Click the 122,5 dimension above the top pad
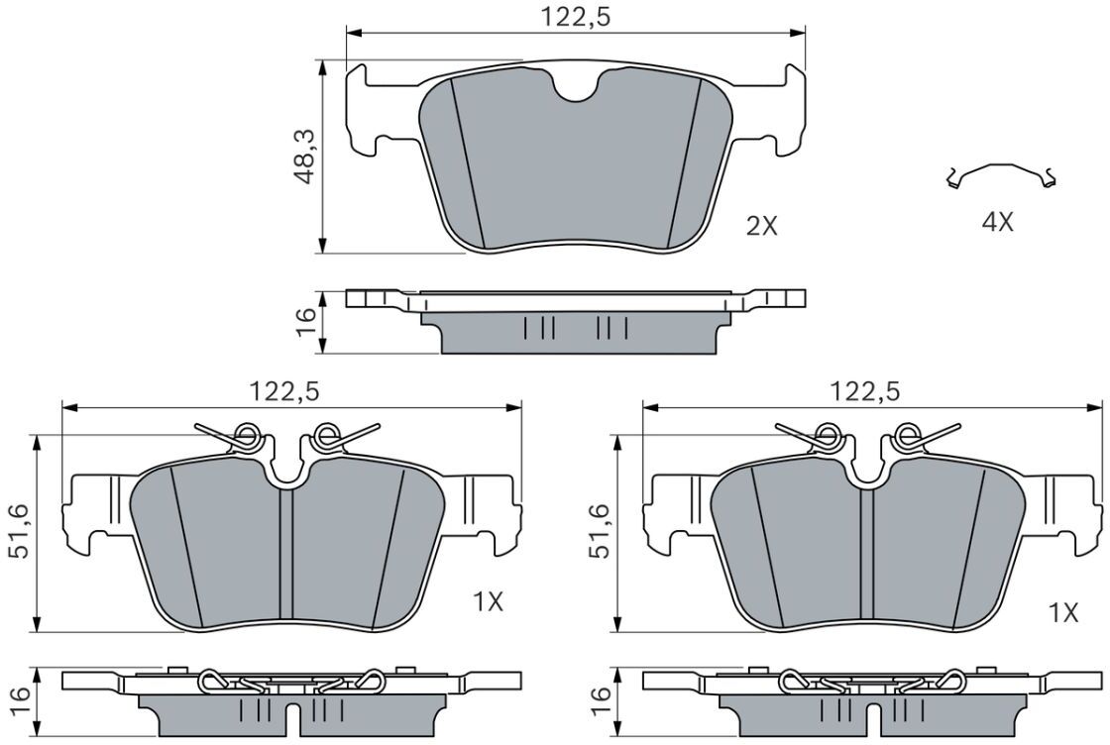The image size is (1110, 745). tap(576, 17)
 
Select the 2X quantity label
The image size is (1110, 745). tap(762, 227)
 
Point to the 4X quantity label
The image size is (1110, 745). tap(997, 223)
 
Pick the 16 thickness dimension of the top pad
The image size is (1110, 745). tap(306, 322)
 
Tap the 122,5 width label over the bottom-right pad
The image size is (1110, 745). tap(865, 390)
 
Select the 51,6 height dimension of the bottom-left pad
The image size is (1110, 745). tap(20, 531)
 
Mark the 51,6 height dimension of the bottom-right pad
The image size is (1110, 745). tap(601, 531)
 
